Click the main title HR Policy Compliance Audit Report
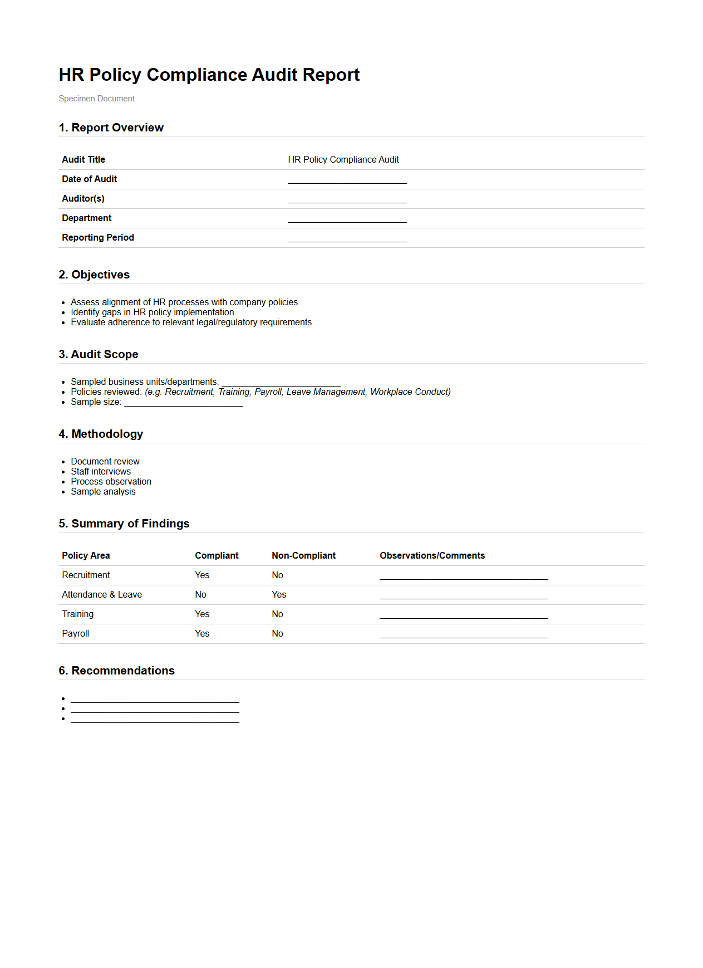[209, 75]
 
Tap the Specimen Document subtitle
[96, 99]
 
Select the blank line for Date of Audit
[347, 180]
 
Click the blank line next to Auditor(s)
[347, 199]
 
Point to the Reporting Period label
[98, 238]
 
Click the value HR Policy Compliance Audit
[343, 160]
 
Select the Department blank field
[347, 219]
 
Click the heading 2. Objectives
[94, 275]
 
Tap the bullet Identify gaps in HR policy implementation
[153, 312]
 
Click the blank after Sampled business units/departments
[281, 383]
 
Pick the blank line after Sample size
[183, 403]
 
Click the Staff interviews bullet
[101, 472]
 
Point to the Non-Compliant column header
[303, 556]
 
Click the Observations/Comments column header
[432, 556]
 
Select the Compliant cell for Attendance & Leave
[200, 595]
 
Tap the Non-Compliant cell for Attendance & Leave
[279, 595]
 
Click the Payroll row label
[76, 634]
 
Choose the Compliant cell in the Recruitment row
[202, 575]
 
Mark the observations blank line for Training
[463, 615]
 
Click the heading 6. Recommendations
[116, 671]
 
